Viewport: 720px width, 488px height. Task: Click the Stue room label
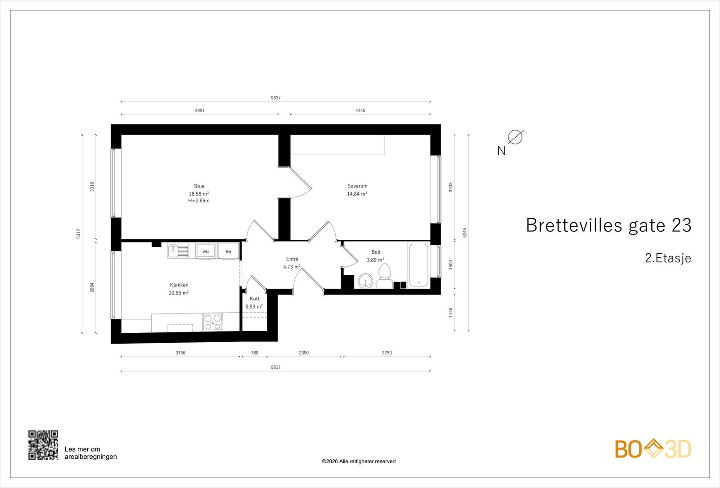[199, 186]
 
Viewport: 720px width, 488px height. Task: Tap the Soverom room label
[357, 186]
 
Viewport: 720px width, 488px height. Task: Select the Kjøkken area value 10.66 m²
[179, 293]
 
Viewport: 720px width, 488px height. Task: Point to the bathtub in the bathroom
[418, 265]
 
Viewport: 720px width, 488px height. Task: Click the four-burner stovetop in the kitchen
[213, 322]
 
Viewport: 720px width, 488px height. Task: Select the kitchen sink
[179, 251]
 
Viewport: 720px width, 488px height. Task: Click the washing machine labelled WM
[206, 251]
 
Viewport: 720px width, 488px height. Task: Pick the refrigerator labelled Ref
[229, 251]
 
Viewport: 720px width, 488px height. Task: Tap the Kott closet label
[255, 299]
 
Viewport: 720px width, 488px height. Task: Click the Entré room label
[292, 259]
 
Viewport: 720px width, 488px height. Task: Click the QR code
[43, 445]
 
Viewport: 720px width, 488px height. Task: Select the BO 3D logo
[653, 449]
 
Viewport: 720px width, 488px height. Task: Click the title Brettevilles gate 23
[608, 225]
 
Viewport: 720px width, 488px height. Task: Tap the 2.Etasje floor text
[668, 258]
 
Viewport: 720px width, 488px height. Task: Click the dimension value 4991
[199, 110]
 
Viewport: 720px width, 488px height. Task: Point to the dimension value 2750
[387, 353]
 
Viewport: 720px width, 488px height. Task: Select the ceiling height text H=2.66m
[199, 201]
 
